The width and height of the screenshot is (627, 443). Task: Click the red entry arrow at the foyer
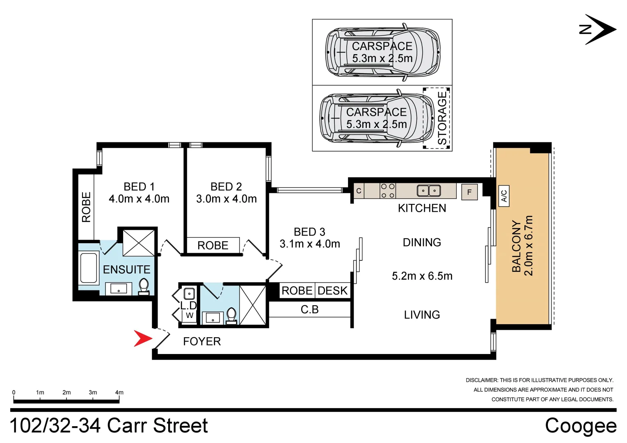142,338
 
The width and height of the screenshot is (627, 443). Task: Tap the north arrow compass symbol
599,30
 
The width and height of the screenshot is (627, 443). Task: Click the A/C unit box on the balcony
504,196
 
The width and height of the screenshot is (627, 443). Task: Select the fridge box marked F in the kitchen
469,192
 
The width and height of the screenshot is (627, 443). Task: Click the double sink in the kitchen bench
428,191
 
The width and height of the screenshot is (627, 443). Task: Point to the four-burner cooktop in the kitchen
387,191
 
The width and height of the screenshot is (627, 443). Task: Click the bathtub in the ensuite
89,268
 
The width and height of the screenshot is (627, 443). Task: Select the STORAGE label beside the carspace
442,118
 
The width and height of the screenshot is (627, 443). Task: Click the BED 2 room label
226,187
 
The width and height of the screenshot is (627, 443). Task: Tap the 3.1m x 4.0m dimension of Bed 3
310,244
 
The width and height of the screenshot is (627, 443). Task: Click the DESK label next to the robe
332,291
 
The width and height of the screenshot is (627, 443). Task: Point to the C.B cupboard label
309,310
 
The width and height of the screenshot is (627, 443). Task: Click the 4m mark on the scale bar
119,393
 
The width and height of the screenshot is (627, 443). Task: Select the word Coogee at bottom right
581,426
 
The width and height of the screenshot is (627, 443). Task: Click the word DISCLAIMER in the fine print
481,380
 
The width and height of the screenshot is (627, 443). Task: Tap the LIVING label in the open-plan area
422,315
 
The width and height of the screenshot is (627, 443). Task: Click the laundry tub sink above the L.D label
189,294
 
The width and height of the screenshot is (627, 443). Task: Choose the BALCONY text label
516,246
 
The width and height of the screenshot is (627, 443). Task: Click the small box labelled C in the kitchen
359,191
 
